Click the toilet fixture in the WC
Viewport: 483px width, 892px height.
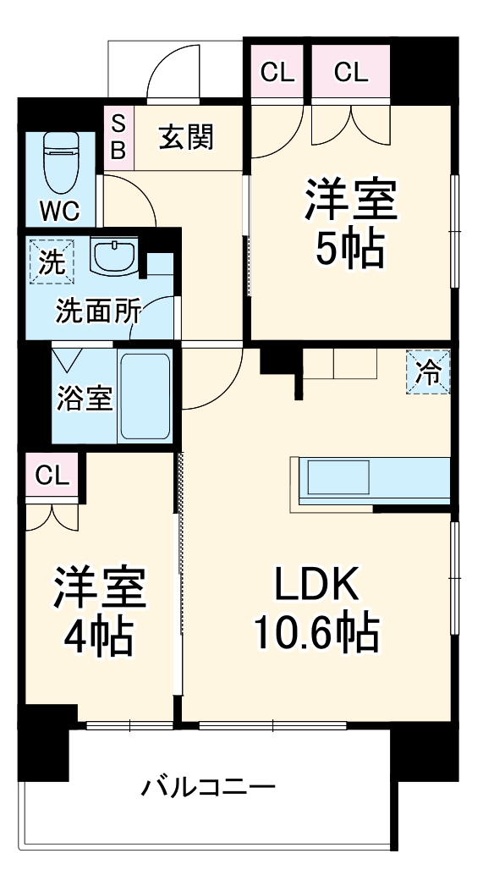click(x=61, y=162)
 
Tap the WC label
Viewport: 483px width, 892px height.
click(x=60, y=212)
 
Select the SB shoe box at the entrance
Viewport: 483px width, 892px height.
click(x=118, y=137)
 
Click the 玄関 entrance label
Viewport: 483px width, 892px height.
click(x=186, y=137)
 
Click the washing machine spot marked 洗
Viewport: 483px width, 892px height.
click(x=52, y=262)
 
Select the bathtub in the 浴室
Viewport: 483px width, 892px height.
click(x=145, y=397)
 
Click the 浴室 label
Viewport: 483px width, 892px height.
click(x=85, y=399)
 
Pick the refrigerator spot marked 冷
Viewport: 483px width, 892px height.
click(x=428, y=372)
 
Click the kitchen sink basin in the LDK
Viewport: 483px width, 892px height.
click(x=338, y=477)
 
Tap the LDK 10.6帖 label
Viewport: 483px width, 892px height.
click(x=316, y=609)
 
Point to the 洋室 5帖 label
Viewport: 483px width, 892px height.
click(x=350, y=223)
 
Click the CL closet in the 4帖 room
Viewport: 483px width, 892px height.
click(x=52, y=475)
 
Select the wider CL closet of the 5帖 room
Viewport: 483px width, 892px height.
click(x=350, y=72)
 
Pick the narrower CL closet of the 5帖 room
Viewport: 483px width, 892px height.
click(x=277, y=72)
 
